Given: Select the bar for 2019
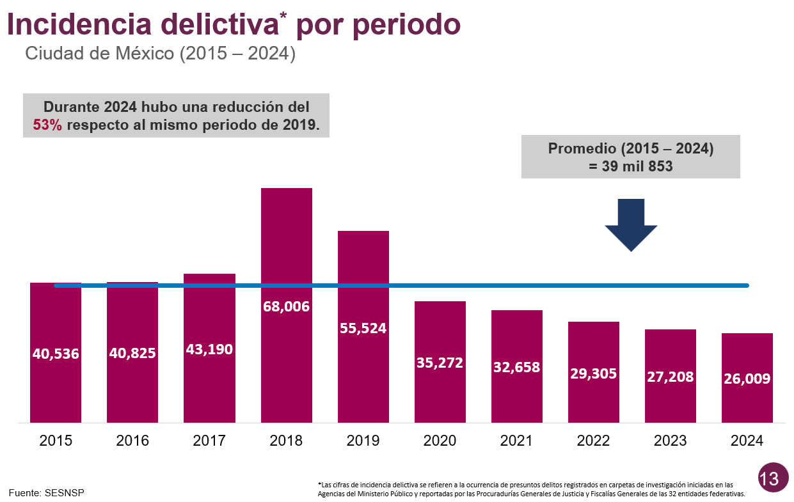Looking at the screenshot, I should tap(363, 275).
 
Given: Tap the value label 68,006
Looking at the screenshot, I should tap(286, 306).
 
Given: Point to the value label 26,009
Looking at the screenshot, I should tap(747, 379).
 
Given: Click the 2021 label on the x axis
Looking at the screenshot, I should tap(516, 441).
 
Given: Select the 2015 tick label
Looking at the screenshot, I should tap(56, 441).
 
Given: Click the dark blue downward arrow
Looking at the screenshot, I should tap(631, 224).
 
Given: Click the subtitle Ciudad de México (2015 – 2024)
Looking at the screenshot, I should tap(160, 54).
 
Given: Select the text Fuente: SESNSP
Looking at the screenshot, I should tap(46, 492).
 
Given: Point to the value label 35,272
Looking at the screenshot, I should tap(440, 363).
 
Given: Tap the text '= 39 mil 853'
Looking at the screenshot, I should tap(630, 166).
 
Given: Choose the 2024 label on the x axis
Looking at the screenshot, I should tap(747, 441).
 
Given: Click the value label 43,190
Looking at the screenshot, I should tap(209, 349).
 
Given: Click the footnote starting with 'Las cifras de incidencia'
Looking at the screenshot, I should tap(531, 489).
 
